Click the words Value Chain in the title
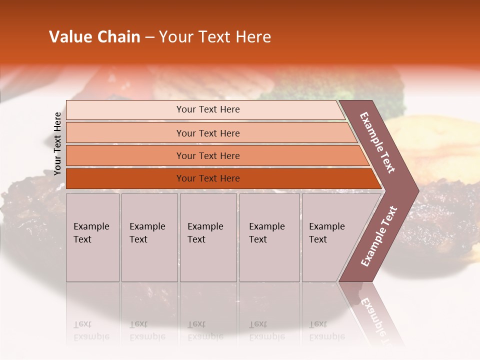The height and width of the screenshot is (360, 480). (94, 37)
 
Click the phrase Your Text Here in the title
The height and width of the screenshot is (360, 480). (215, 37)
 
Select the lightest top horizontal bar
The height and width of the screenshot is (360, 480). (207, 109)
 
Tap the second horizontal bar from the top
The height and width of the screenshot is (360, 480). (207, 133)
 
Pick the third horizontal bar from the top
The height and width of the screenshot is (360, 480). (207, 155)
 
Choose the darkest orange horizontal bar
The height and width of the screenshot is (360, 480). (207, 178)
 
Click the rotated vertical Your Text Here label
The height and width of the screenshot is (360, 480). (57, 143)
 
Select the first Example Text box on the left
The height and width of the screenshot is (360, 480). (92, 237)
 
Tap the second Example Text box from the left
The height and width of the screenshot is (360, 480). (149, 237)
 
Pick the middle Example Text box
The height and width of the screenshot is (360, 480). (208, 237)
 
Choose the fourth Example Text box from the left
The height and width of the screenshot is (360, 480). (269, 237)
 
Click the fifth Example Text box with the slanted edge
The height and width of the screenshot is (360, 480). (330, 237)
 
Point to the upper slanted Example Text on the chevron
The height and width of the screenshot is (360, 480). (377, 142)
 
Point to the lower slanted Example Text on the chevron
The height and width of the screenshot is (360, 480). (379, 236)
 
